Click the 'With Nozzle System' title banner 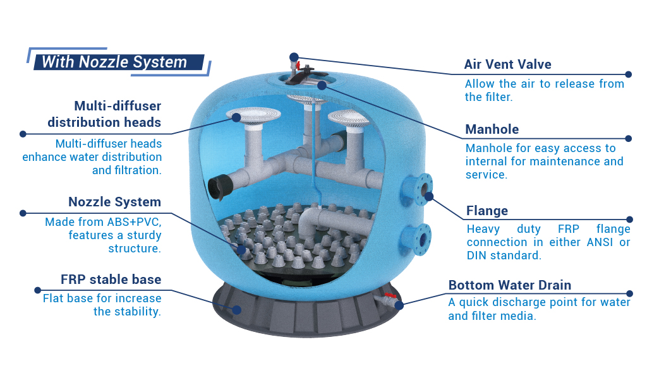118,62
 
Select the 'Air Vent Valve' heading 507,64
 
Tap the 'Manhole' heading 492,129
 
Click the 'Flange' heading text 487,211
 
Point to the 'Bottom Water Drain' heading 510,285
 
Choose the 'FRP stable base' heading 111,280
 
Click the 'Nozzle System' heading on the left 115,202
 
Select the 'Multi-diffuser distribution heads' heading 104,114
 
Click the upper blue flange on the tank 417,190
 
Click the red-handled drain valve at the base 389,300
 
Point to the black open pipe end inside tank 218,187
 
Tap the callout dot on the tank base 237,310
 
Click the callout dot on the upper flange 429,197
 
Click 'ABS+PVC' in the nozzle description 134,222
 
